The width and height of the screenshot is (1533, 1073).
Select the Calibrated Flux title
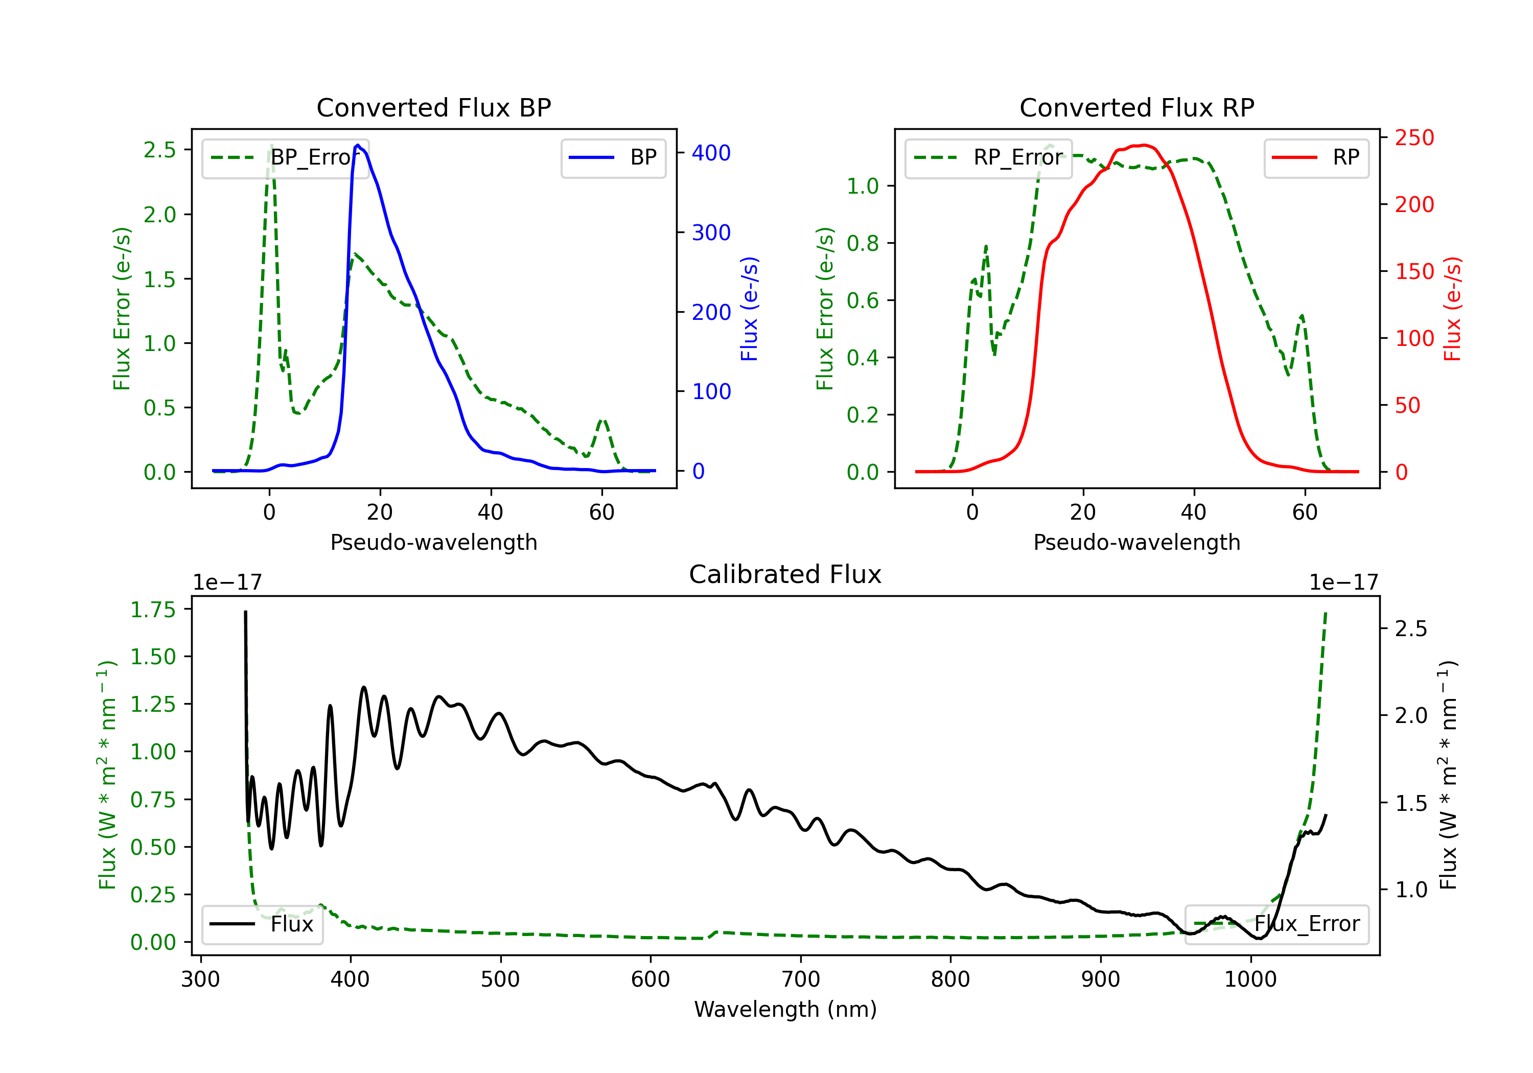(x=785, y=574)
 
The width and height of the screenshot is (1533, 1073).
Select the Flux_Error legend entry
(x=1276, y=924)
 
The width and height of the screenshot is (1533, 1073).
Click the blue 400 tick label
(x=711, y=153)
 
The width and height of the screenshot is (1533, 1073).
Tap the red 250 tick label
(x=1414, y=137)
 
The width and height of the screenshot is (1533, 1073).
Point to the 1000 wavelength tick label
(x=1250, y=979)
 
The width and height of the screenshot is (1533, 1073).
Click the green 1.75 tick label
(x=153, y=610)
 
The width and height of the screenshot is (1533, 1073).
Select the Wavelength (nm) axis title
(x=785, y=1009)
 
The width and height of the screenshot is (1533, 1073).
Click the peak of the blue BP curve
(x=358, y=145)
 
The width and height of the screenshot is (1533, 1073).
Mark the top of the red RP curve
(x=1143, y=145)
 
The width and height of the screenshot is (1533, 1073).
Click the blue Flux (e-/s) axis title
(x=750, y=309)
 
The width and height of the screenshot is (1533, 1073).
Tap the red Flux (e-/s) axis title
(x=1453, y=309)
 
